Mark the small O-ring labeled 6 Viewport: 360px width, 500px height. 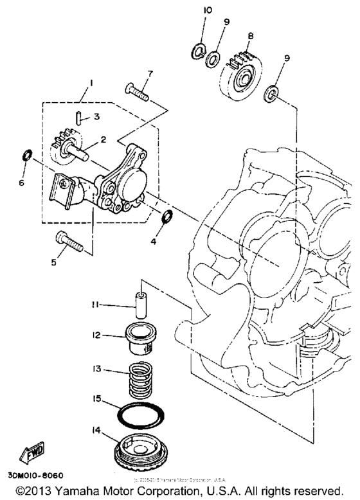click(x=26, y=155)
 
